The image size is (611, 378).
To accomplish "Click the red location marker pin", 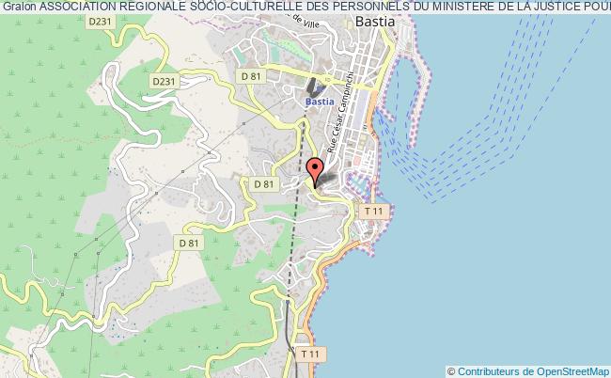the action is pos(317,171).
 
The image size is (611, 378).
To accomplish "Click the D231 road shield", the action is pos(163,82).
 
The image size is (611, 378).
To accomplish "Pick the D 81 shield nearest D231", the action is pos(250,74).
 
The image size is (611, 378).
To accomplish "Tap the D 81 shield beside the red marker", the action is pos(262,184).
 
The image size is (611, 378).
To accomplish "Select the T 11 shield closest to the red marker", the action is pos(375,211).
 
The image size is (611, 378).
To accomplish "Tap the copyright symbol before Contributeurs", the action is pos(451,370).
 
